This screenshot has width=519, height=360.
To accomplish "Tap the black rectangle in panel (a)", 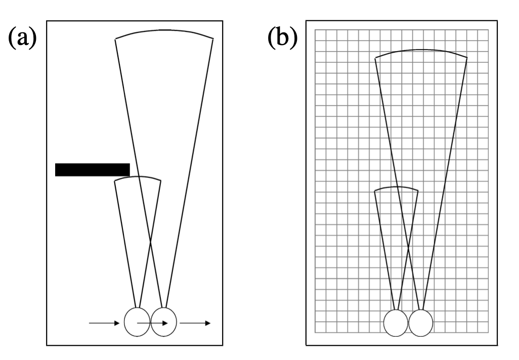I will pos(92,169).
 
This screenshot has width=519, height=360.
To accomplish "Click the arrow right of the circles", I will pos(195,322).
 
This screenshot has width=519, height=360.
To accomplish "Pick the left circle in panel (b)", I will pos(396,323).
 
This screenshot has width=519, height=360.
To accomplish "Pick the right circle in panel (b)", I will pos(420,323).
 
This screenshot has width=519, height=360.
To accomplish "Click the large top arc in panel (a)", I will pos(164,31).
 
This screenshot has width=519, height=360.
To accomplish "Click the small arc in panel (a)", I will pos(138,177).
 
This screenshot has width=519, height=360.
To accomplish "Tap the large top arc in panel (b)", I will pos(421,50).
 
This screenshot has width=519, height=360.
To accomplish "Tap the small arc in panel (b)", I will pos(396,188).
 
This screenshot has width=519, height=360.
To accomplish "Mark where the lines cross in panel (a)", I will pos(150,242).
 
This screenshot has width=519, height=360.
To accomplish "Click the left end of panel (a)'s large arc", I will pos(115,39).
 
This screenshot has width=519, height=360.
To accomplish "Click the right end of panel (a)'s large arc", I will pos(213,38).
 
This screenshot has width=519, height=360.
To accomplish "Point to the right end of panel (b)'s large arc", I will pos(466,58).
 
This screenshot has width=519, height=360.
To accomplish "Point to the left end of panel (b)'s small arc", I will pos(374,191).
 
